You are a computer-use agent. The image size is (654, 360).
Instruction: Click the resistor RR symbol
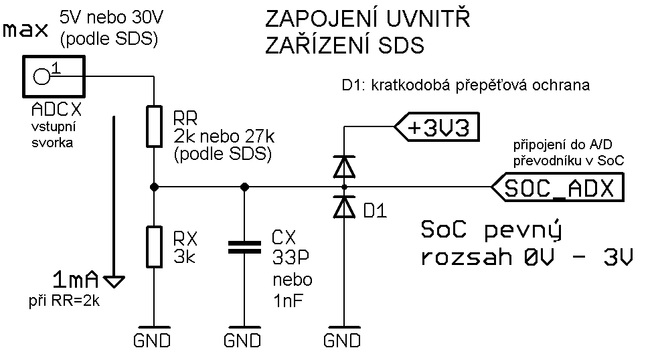154,126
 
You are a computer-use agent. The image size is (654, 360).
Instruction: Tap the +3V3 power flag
438,127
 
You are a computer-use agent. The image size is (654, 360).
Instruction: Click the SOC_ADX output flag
559,188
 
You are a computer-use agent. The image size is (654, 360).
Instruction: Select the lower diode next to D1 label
343,208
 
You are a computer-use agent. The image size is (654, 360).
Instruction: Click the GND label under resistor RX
152,340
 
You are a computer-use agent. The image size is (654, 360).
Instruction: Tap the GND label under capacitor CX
242,340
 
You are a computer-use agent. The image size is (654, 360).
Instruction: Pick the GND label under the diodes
342,340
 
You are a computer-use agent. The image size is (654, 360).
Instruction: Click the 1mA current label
76,278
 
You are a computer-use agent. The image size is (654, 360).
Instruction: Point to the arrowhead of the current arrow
115,281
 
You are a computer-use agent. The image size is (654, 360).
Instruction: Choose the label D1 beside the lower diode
375,211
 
